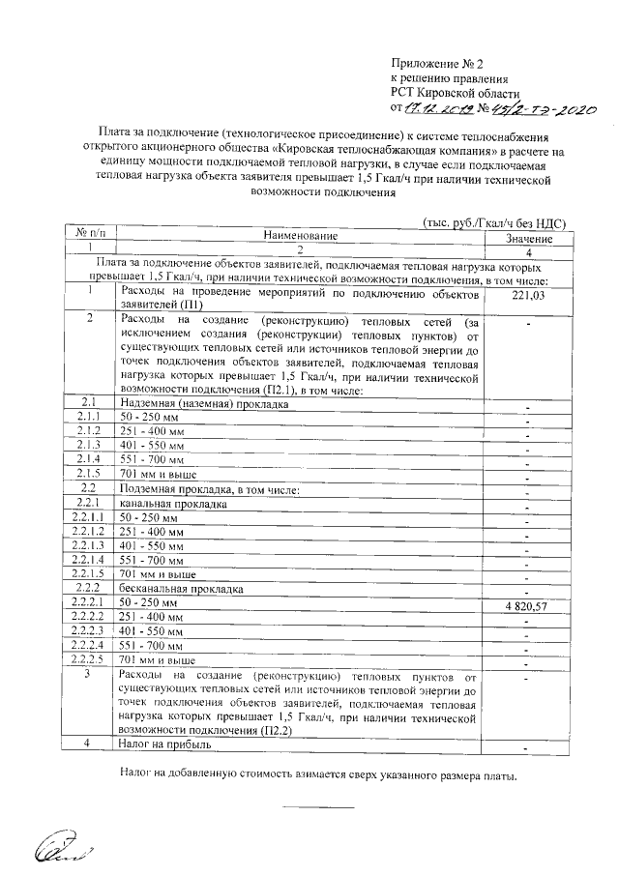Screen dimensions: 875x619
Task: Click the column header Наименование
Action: point(302,236)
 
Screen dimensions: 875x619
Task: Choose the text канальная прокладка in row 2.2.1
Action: point(173,504)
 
